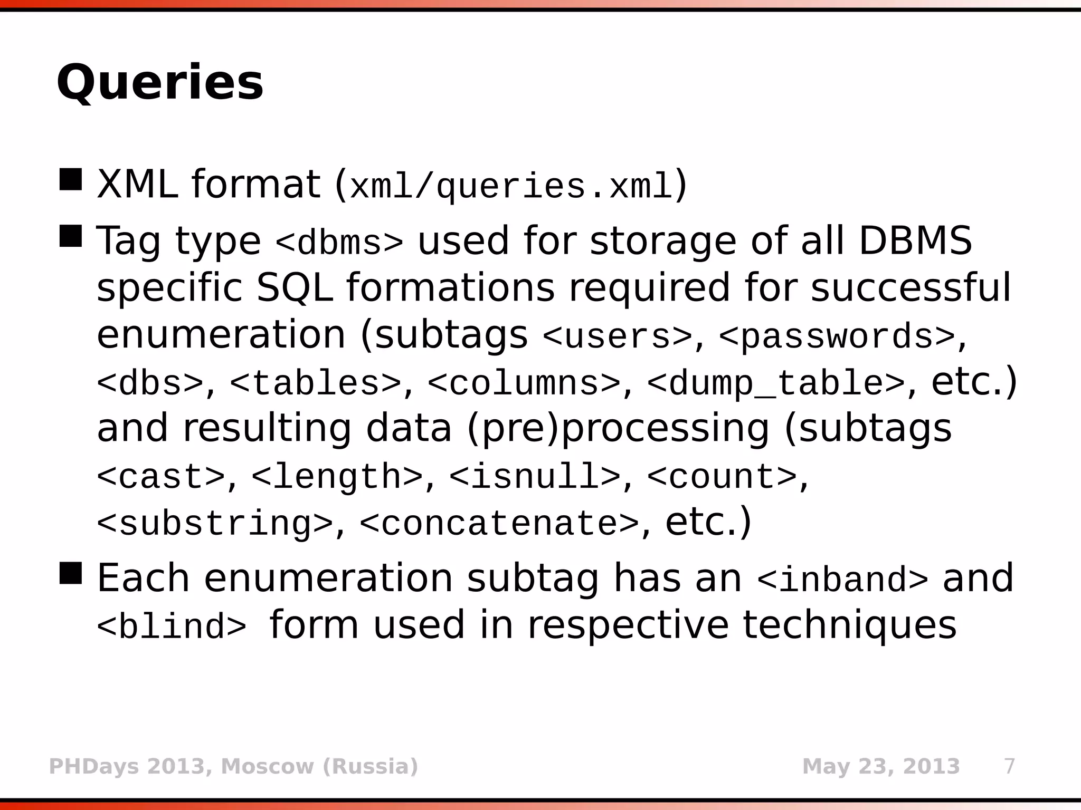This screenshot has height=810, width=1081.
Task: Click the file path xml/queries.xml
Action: click(x=511, y=186)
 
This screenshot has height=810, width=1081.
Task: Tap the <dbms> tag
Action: click(x=339, y=243)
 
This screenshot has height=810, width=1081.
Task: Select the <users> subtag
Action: click(x=617, y=336)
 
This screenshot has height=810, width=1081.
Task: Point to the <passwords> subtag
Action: click(x=837, y=336)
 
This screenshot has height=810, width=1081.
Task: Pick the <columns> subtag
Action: click(x=524, y=383)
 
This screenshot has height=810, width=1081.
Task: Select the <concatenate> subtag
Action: click(x=499, y=524)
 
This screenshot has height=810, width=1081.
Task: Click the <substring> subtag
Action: click(x=215, y=524)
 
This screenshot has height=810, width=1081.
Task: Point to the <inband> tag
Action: click(x=842, y=580)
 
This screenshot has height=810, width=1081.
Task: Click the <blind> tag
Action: click(x=172, y=626)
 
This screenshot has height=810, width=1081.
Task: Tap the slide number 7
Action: click(x=1009, y=766)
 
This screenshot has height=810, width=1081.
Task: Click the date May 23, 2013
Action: click(x=880, y=766)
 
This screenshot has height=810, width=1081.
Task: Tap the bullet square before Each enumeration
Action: click(x=71, y=573)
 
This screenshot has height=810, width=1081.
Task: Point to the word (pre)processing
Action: click(x=618, y=428)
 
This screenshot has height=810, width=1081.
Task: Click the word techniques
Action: click(x=849, y=625)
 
